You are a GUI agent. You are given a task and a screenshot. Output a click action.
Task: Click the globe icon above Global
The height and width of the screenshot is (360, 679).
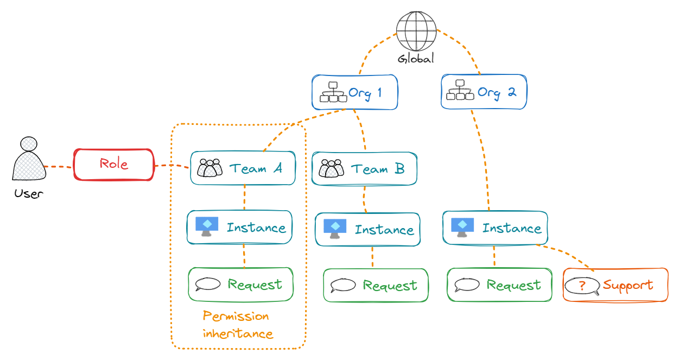(416, 30)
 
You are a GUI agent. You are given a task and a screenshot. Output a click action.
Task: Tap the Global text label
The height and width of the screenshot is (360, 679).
(416, 59)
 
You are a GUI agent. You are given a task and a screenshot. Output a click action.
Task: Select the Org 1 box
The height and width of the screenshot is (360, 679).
(355, 92)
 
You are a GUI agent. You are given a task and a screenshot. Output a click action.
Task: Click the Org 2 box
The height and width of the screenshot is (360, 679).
(484, 92)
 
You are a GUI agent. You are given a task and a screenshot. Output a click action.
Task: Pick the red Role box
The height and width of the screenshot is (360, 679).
(114, 164)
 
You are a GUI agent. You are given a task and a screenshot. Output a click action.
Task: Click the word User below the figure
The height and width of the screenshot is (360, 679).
(28, 193)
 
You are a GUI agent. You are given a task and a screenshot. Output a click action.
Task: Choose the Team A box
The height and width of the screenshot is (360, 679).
(243, 168)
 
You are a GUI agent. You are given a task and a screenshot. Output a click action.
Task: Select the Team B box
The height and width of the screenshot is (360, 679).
(364, 169)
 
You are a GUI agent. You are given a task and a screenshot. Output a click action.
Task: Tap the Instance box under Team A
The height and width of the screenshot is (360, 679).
(240, 228)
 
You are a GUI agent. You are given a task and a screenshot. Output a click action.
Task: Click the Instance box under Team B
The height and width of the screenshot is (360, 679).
(368, 230)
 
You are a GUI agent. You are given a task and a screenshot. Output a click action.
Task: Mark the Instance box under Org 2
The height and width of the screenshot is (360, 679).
(496, 228)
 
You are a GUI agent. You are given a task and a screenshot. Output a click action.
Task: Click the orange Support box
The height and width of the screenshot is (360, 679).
(615, 285)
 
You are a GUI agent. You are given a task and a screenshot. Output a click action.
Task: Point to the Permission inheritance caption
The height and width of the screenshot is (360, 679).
(237, 325)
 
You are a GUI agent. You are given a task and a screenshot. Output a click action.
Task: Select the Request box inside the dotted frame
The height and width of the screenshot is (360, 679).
(240, 285)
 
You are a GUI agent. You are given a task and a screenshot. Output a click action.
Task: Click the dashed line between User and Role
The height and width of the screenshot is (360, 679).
(59, 166)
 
